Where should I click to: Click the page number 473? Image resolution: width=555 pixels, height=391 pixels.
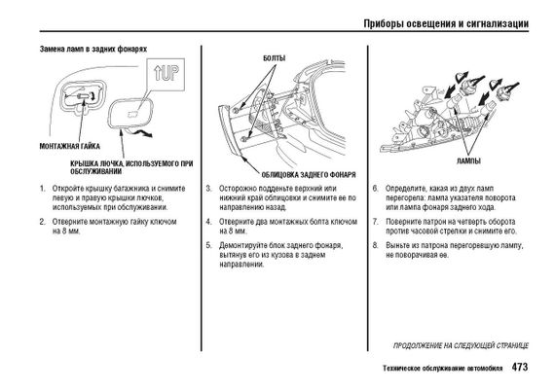(520, 367)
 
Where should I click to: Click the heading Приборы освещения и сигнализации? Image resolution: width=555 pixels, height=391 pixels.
(446, 23)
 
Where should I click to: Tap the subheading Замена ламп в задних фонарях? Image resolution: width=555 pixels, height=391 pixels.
(93, 49)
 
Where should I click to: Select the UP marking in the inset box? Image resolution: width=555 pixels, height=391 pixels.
(166, 74)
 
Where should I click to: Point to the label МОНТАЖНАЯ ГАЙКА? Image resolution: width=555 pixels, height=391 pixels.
(70, 146)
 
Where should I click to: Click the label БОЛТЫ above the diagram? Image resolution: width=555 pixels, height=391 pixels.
(274, 58)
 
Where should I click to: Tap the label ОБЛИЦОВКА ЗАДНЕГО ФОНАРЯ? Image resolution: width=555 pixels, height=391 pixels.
(309, 175)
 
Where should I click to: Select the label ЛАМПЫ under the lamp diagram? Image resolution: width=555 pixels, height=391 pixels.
(468, 160)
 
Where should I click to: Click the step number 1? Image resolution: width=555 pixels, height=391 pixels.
(43, 189)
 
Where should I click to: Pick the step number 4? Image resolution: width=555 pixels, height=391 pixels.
(208, 222)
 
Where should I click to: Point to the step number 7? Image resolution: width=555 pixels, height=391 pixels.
(376, 222)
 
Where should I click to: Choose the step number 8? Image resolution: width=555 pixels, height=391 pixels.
(376, 245)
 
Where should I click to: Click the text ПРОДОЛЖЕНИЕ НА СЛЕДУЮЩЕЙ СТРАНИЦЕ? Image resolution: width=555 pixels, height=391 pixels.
(461, 345)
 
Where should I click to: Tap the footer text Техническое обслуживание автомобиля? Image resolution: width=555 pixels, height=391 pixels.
(442, 369)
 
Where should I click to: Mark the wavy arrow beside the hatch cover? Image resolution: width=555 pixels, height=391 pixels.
(140, 132)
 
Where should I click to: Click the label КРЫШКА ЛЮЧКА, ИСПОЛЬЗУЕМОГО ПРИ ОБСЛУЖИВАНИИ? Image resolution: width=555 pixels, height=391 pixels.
(131, 167)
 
